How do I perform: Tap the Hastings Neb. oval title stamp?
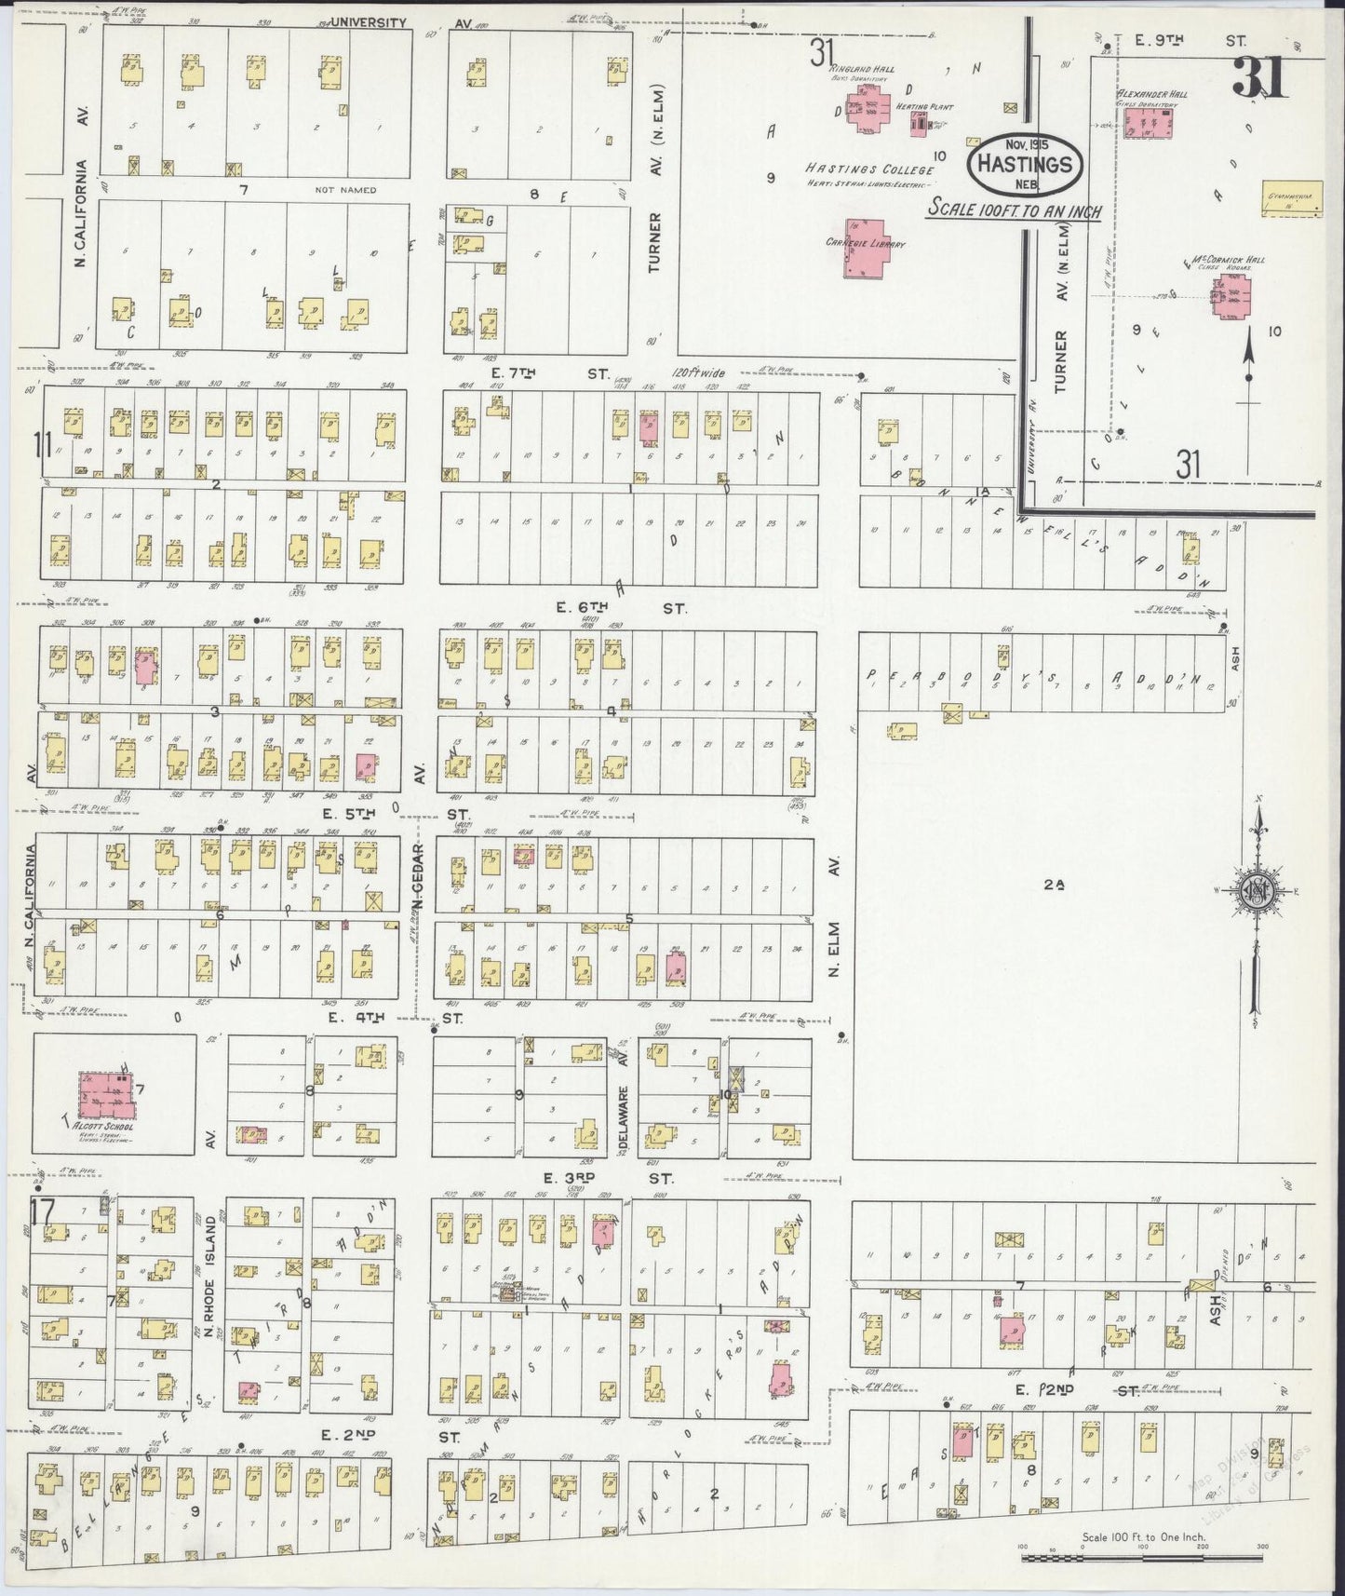1025,163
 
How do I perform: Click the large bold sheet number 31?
1262,77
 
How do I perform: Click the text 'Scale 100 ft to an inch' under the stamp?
1014,210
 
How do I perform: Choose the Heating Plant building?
920,122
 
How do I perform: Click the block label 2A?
1053,887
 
